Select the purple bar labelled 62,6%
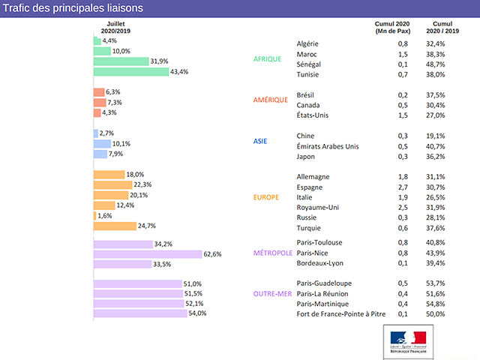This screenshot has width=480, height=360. tap(147, 254)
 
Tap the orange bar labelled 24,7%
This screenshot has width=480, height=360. tap(114, 226)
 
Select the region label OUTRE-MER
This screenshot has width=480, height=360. tap(272, 293)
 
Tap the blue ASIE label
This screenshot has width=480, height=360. tap(261, 141)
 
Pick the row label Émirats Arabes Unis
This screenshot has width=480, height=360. tap(328, 146)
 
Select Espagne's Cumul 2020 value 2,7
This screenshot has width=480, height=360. tap(403, 187)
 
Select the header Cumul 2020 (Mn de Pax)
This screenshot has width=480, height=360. tap(391, 28)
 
